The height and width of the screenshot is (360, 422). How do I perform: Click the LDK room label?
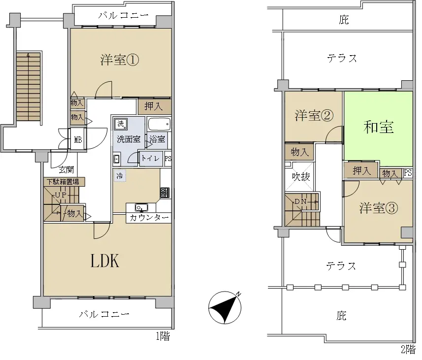pos(105,261)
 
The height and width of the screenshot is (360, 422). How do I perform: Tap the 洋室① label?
pos(120,60)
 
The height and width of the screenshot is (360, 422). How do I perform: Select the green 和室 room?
pos(378,129)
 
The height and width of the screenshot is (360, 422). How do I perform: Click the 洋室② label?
pos(314,115)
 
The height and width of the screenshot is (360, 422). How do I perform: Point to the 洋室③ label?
pos(378,208)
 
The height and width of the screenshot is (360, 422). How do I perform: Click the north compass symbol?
pos(225,307)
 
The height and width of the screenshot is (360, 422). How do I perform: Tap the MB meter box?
pos(78,140)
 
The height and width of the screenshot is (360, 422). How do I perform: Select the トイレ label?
pos(151,158)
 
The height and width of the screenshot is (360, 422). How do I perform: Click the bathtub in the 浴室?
pos(159,125)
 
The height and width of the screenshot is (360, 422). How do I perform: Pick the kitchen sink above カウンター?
pos(141,208)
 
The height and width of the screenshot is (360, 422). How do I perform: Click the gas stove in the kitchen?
pos(164,193)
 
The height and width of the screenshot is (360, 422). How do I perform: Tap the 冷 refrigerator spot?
pos(120,175)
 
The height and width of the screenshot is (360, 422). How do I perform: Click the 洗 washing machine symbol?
pos(121,124)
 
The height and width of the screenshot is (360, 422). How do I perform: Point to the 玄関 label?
pos(66,169)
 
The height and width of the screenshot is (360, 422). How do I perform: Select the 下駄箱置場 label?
pos(64,182)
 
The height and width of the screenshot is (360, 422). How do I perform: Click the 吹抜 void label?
pos(301,177)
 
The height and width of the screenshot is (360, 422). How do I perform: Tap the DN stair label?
pos(301,201)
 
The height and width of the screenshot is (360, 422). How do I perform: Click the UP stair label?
pos(61,195)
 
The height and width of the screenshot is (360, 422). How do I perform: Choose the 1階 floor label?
pos(163,336)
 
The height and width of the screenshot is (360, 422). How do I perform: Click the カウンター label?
pos(149,217)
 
